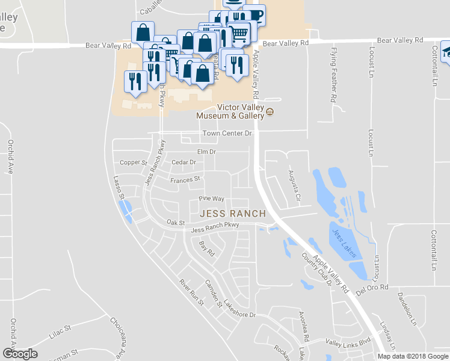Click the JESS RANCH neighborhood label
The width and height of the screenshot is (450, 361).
[232, 214]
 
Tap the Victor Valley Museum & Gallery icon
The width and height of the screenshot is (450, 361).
[270, 112]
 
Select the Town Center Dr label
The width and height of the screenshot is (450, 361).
[226, 133]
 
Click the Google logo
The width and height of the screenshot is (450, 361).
[20, 354]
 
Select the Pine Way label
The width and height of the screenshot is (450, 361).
[211, 199]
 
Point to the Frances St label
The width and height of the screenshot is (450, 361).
[185, 180]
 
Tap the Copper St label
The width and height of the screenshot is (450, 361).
[133, 162]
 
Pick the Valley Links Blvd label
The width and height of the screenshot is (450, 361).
[348, 341]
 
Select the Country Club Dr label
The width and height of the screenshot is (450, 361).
[317, 268]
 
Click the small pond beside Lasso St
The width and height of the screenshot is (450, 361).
[126, 208]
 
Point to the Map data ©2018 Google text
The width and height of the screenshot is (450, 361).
[413, 356]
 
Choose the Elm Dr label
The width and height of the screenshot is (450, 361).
[206, 152]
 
